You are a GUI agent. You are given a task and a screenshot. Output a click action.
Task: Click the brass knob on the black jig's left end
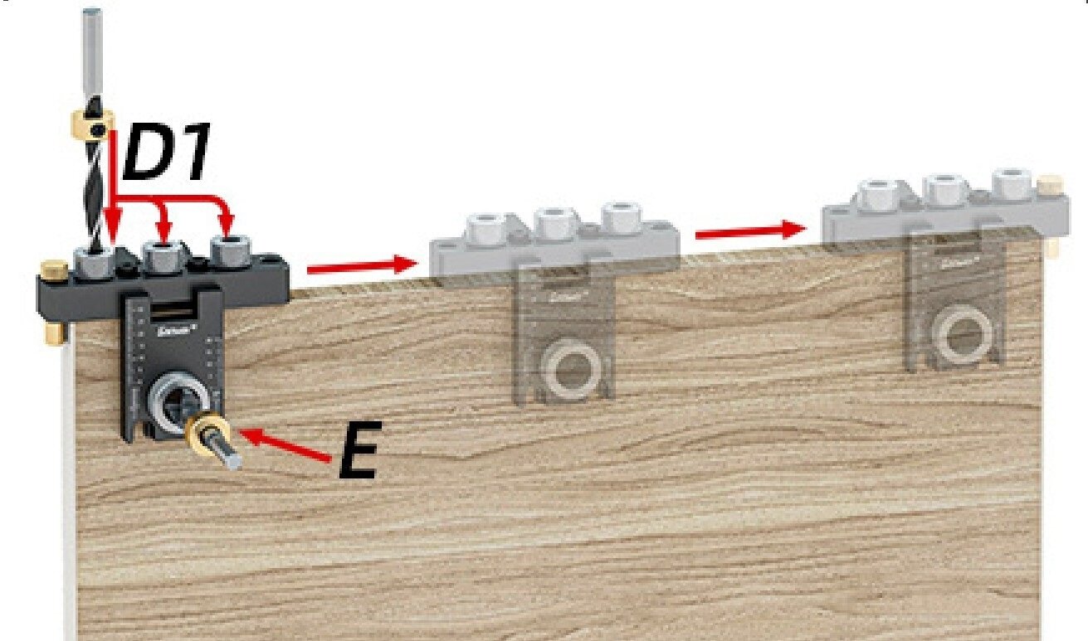55,270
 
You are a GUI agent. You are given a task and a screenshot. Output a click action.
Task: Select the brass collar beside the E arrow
204,430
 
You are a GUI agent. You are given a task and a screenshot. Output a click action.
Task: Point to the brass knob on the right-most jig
1051,183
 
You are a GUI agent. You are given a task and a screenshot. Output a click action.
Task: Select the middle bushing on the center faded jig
554,221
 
